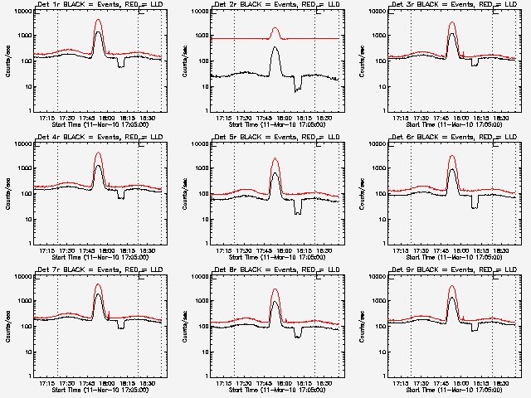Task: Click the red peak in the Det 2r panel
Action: coord(275,29)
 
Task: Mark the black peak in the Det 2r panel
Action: coord(275,48)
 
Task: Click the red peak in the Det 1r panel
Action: coord(98,20)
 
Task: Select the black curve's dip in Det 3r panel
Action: coord(475,63)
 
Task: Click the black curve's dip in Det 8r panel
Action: coord(298,336)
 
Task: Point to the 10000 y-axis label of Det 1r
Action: coord(20,12)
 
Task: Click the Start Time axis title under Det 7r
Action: coord(88,389)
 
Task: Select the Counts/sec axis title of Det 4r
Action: coord(7,194)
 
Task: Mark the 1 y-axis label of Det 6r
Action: coord(382,244)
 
